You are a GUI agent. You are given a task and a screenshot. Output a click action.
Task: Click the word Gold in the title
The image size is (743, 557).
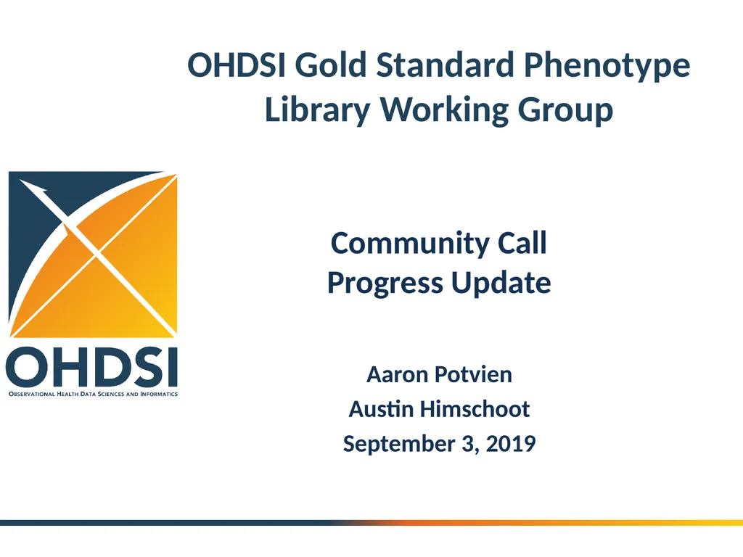pyautogui.click(x=331, y=65)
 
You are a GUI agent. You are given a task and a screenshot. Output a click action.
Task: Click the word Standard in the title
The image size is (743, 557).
pyautogui.click(x=445, y=65)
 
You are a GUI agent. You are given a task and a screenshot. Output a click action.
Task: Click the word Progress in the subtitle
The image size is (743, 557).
pyautogui.click(x=385, y=282)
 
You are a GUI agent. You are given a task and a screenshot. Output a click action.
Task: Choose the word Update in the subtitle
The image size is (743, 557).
pyautogui.click(x=501, y=282)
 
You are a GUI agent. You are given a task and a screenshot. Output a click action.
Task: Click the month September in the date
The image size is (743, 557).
pyautogui.click(x=398, y=443)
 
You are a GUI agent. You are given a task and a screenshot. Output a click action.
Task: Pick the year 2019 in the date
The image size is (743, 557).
pyautogui.click(x=510, y=443)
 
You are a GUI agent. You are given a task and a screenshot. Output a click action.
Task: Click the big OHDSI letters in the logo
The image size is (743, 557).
pyautogui.click(x=92, y=368)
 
